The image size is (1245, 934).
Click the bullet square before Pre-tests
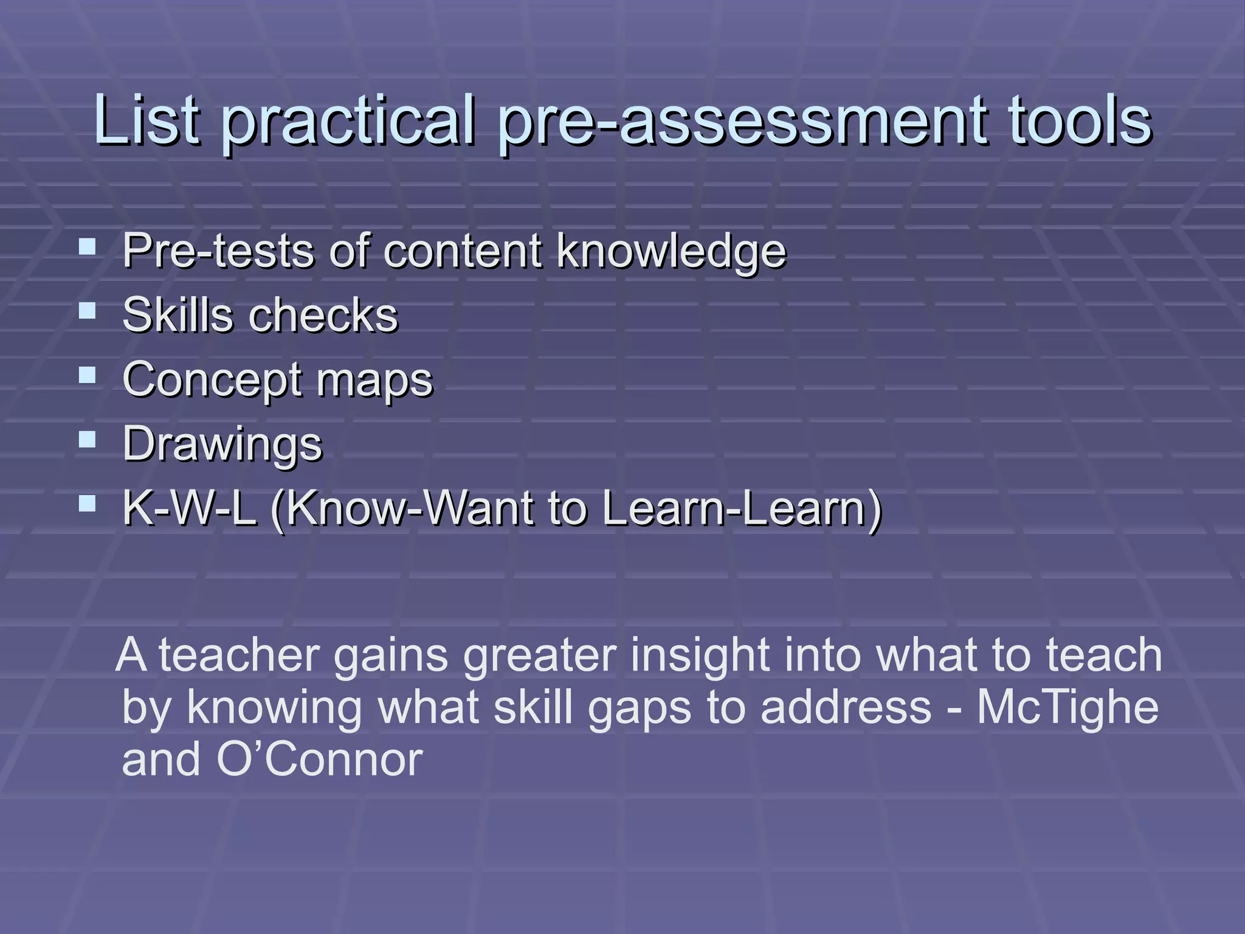coord(88,246)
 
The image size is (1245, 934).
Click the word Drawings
coord(222,445)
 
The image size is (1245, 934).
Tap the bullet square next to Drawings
coord(88,439)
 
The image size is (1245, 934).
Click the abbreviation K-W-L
coord(189,508)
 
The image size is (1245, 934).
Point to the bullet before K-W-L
coord(88,503)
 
